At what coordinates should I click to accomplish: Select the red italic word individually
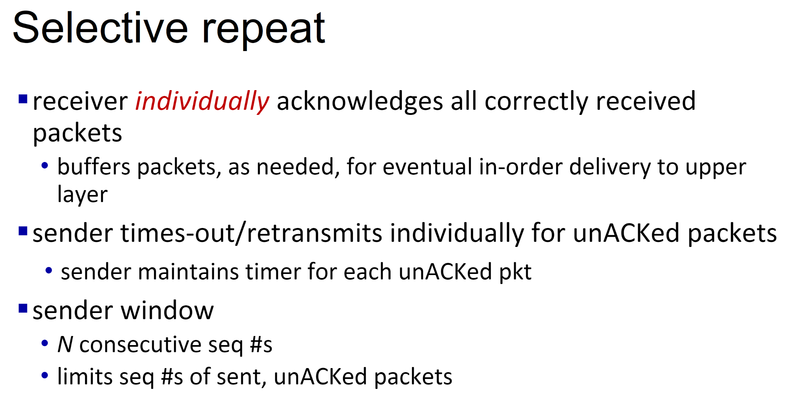point(202,101)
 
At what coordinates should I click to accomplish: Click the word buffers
point(94,167)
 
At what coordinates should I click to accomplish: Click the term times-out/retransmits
point(251,233)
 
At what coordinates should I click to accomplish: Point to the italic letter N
point(65,344)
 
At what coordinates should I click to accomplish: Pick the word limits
point(85,376)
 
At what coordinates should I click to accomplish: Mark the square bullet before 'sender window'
point(23,309)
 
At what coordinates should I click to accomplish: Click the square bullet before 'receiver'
point(23,99)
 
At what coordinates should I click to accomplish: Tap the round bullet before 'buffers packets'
point(45,166)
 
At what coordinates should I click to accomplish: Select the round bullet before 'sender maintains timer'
point(49,271)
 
